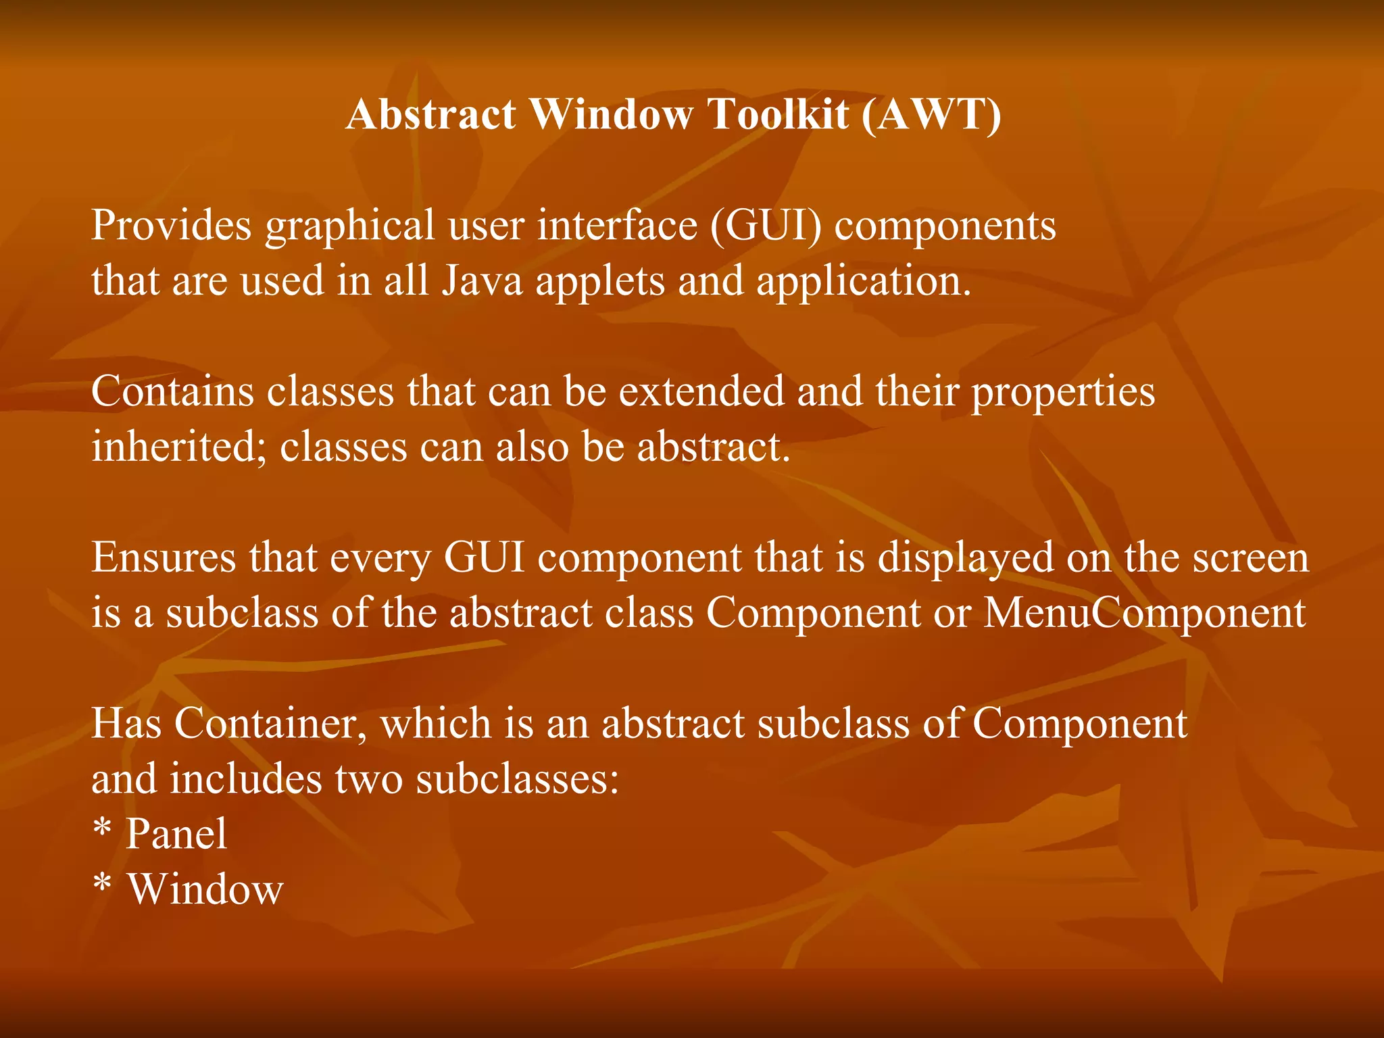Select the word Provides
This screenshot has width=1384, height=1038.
[171, 225]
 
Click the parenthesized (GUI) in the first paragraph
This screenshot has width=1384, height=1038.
[766, 226]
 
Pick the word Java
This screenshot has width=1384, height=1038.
[483, 280]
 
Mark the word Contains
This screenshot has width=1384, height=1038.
[172, 391]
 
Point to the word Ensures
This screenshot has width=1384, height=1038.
[164, 558]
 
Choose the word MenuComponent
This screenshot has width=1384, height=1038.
[1144, 614]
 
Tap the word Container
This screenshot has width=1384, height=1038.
[270, 724]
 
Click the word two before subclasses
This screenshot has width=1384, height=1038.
[368, 779]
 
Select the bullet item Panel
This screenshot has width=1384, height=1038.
[176, 834]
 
